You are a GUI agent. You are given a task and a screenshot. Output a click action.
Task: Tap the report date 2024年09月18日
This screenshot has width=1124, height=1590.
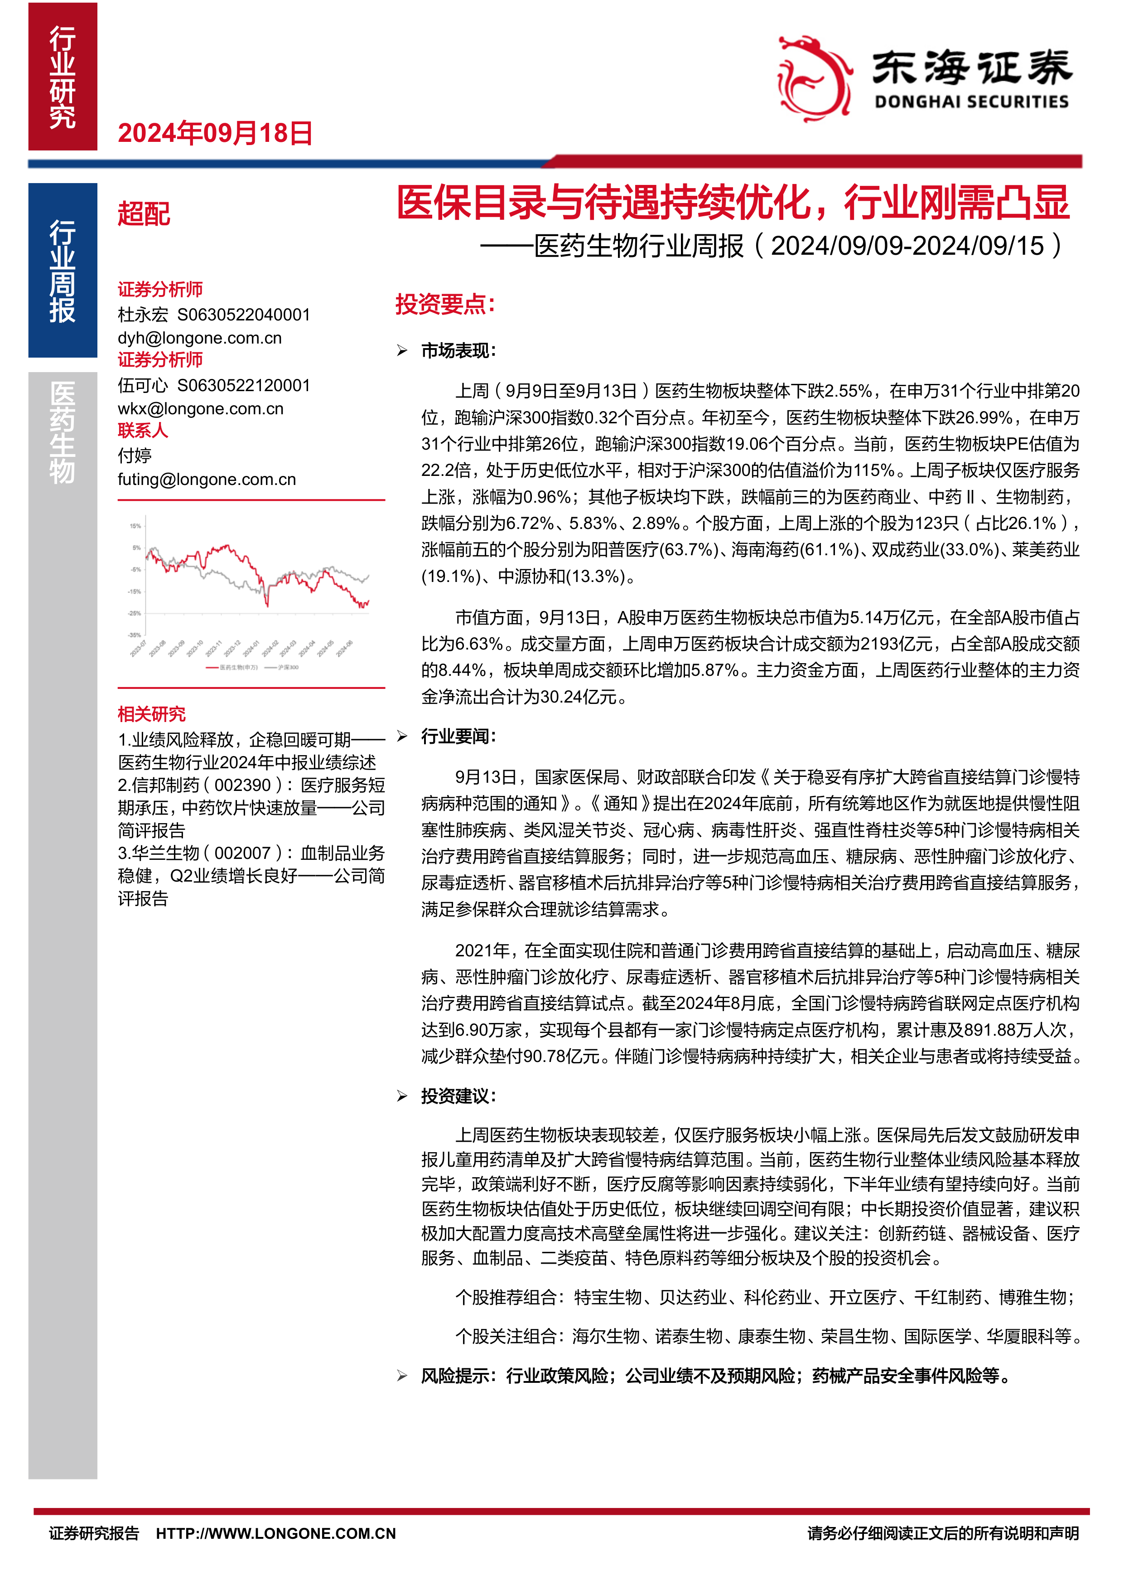click(215, 133)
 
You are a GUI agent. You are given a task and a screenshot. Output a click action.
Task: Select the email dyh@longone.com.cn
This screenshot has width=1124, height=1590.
click(199, 338)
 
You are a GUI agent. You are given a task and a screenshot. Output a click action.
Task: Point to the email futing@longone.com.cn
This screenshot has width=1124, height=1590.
click(206, 479)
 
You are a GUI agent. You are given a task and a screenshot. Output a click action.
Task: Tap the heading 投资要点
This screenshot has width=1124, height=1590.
click(445, 304)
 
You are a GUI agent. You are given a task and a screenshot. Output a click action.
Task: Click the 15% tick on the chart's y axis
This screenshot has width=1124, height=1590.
click(135, 526)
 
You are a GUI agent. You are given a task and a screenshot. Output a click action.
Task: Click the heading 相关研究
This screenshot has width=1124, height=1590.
click(152, 714)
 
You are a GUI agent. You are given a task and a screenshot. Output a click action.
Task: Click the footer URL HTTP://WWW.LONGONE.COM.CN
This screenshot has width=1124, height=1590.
click(275, 1533)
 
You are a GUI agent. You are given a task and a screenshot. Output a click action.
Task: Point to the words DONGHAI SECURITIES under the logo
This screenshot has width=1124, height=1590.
click(971, 102)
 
